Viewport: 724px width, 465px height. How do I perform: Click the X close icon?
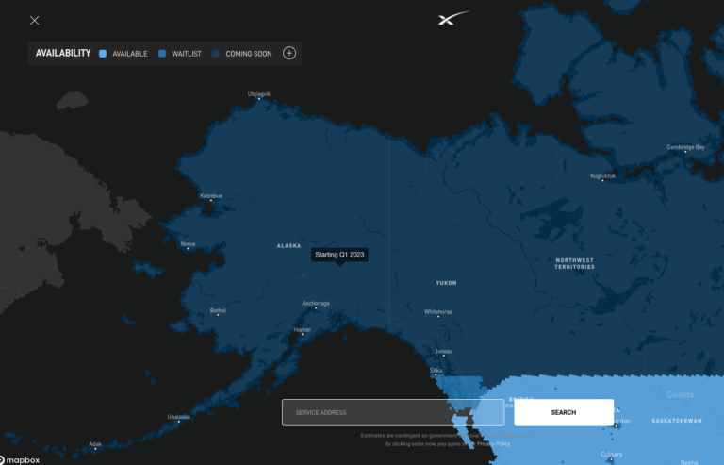35,20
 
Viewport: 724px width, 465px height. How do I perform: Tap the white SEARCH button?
563,412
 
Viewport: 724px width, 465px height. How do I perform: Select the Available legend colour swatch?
103,54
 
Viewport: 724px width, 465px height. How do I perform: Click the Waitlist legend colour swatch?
162,54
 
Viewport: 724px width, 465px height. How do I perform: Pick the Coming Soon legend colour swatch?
216,54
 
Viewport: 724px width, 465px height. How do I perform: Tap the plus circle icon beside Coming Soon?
289,53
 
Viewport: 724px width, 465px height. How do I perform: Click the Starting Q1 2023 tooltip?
339,255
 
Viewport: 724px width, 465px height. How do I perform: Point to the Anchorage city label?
316,304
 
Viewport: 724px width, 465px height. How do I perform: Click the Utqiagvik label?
258,94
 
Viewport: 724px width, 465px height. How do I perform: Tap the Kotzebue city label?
211,196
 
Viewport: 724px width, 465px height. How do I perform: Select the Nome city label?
189,244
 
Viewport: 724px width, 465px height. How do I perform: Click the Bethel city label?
218,310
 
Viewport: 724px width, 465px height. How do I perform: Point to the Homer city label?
303,330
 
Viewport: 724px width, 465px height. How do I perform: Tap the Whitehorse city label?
437,311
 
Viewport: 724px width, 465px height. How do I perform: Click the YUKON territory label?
446,283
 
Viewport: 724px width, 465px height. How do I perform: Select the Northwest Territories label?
574,263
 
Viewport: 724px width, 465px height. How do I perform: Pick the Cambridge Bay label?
685,147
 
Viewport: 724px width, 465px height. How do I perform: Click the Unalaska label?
178,417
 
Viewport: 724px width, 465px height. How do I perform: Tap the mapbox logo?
22,458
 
